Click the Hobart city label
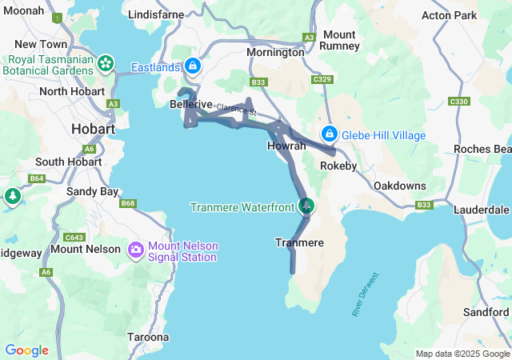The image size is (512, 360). point(93,128)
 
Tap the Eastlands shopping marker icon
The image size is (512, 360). point(192,65)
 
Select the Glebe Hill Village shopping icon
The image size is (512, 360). point(329,134)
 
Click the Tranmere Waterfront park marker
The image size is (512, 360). point(306,206)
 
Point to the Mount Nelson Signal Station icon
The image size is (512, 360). point(135,250)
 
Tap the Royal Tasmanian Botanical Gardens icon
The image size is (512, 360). point(105,62)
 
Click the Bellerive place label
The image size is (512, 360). point(191,104)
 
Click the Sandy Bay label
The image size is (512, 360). point(92,191)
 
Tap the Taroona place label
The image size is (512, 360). point(148,337)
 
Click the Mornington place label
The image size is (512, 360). point(275,52)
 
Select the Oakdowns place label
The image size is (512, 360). point(399,186)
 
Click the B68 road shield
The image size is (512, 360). point(128,204)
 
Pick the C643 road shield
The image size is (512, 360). point(75,238)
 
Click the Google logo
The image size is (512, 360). point(26,350)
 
